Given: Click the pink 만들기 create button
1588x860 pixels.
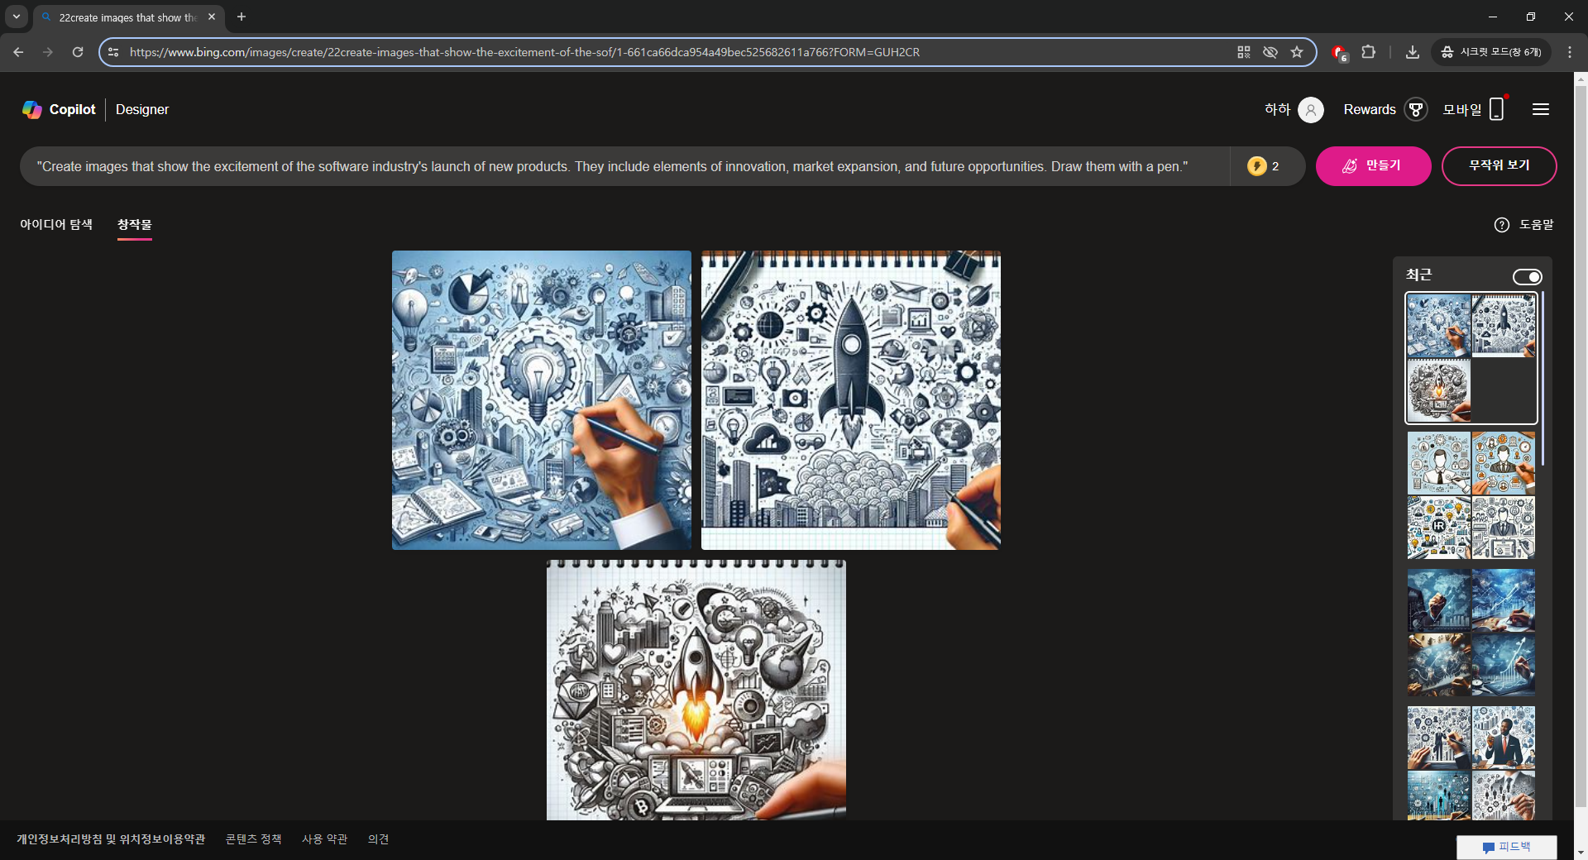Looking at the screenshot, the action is [x=1373, y=166].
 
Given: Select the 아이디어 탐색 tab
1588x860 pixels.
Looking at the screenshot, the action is [x=56, y=224].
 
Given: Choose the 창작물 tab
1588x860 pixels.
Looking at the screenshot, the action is [x=134, y=224].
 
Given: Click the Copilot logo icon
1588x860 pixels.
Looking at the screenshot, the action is [x=32, y=109].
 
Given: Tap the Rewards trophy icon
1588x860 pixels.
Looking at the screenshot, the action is [x=1416, y=109].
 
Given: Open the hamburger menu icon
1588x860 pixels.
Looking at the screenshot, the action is [x=1540, y=109].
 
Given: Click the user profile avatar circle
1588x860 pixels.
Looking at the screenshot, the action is [x=1311, y=109].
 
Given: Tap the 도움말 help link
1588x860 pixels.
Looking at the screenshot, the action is [x=1524, y=225].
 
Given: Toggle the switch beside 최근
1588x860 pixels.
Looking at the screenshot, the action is [x=1527, y=277].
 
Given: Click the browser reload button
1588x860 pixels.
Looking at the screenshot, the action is [x=78, y=52].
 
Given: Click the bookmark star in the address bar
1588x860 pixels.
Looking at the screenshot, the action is [x=1297, y=52].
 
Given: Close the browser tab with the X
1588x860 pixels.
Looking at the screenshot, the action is [x=212, y=17].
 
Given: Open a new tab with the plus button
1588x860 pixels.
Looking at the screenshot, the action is [x=242, y=17].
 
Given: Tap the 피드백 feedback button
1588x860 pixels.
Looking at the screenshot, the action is [x=1507, y=847].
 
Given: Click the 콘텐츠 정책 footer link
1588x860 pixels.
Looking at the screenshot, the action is [x=253, y=839].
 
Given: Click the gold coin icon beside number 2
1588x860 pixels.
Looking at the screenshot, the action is [x=1257, y=166].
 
